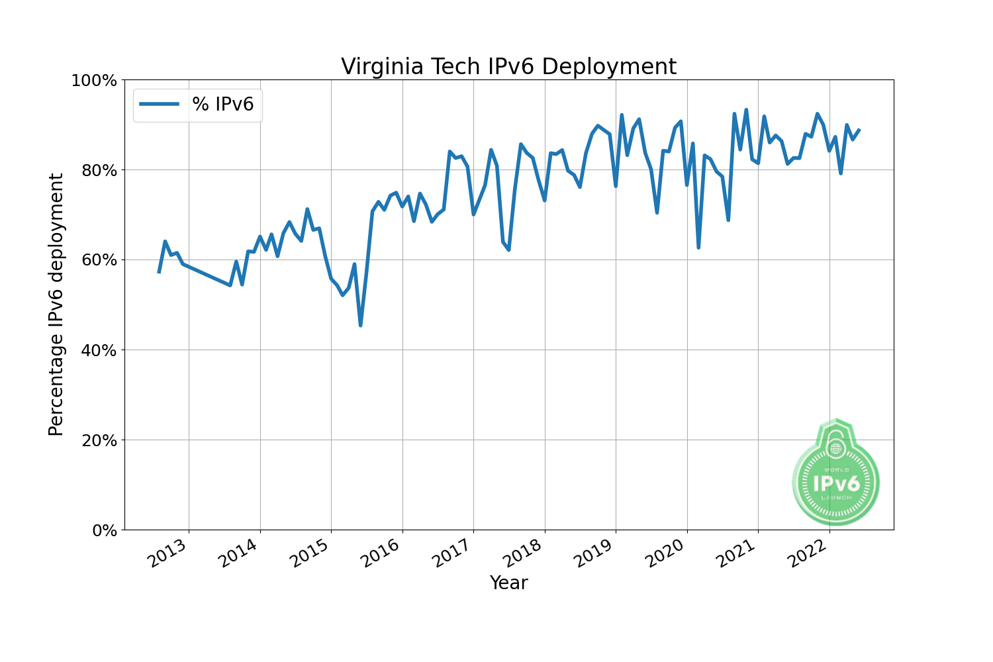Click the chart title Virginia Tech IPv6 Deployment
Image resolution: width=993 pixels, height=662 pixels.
tap(508, 67)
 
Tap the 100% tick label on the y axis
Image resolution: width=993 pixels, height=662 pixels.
tap(93, 81)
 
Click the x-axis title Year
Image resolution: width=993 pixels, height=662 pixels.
tap(508, 583)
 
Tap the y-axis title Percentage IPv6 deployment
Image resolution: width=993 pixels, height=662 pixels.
tap(56, 305)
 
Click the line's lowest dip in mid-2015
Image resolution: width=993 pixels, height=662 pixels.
tap(360, 325)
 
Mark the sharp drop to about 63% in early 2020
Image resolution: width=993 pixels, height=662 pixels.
tap(698, 248)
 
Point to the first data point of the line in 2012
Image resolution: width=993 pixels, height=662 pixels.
tap(159, 272)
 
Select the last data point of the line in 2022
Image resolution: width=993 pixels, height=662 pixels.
tap(859, 130)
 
